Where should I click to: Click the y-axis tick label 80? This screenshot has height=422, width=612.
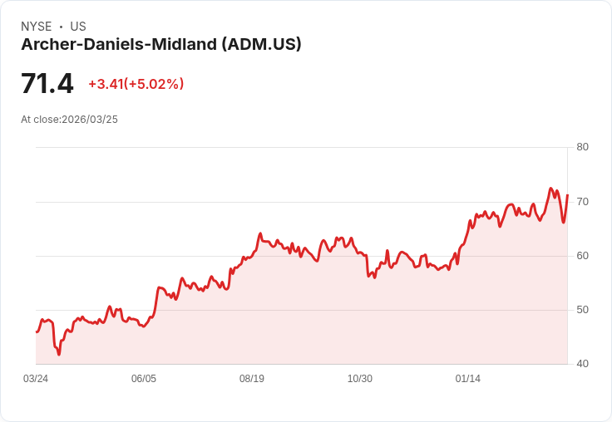(582, 147)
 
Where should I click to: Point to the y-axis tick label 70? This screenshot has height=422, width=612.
(582, 201)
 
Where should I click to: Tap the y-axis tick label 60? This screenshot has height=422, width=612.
(582, 255)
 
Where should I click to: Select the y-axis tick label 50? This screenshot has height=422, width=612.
(582, 309)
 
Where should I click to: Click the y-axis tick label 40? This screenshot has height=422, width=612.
(582, 364)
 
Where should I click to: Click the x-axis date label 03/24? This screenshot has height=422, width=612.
(36, 379)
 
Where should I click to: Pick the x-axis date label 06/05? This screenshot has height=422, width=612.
(144, 379)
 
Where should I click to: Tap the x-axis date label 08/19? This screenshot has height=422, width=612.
(252, 379)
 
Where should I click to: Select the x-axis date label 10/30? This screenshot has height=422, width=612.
(360, 379)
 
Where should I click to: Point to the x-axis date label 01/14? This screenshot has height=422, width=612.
(468, 379)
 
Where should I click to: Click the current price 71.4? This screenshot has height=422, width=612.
(47, 84)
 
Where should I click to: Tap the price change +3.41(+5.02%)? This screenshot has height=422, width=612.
(136, 84)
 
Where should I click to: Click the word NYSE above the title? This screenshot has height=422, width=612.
(37, 27)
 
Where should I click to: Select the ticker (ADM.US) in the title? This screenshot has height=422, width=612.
(261, 45)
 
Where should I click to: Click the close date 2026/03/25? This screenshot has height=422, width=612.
(90, 120)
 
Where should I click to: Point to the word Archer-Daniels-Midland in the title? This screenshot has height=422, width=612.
(119, 45)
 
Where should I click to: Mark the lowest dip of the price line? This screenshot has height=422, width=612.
(59, 354)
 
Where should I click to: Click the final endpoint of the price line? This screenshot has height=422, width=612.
(567, 195)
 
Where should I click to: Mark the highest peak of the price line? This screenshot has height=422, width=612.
(550, 189)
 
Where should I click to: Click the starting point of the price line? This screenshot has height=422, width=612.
(37, 331)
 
